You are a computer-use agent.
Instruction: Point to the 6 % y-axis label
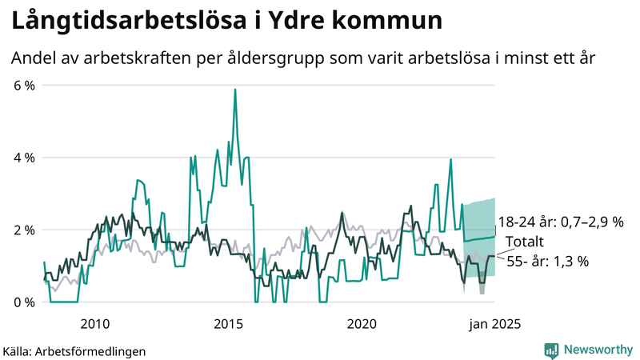coord(23,85)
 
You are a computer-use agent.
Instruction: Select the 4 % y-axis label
coord(23,158)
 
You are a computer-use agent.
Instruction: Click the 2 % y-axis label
coord(23,230)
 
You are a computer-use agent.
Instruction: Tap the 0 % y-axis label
coord(23,302)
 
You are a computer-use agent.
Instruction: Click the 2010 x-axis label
coord(95,324)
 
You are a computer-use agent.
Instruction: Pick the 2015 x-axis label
coord(229,324)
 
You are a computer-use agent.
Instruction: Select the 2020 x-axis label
coord(362,324)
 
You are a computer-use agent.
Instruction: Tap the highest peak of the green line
coord(234,90)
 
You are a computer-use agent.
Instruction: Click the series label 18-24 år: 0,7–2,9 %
coord(560,222)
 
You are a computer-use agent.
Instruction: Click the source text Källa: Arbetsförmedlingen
coord(74,350)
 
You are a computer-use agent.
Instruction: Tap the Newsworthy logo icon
coord(551,350)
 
